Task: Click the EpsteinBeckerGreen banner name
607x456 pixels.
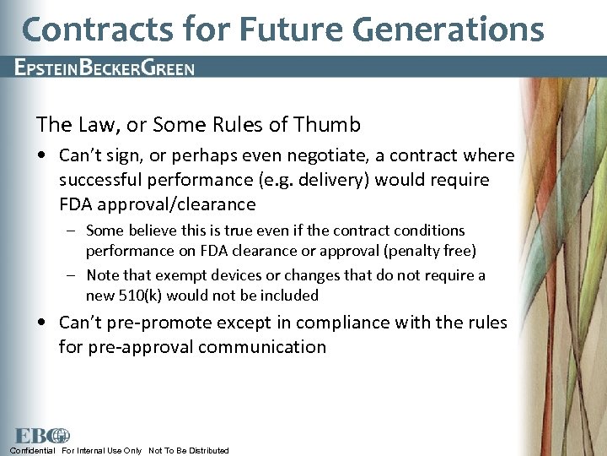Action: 105,68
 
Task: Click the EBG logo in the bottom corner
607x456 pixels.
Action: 40,436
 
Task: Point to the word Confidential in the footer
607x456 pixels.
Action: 33,451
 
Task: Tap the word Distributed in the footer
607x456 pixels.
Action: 202,451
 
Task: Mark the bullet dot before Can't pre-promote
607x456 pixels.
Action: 42,323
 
